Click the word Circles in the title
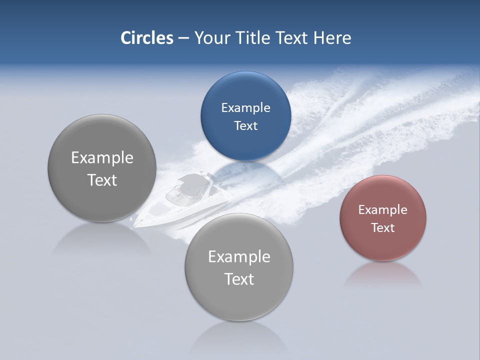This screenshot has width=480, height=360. click(x=147, y=38)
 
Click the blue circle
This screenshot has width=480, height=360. click(x=245, y=116)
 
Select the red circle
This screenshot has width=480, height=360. click(x=382, y=218)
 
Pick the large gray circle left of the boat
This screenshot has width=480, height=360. click(x=102, y=168)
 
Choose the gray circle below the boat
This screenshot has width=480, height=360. click(x=239, y=267)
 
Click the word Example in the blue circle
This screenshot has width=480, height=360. click(x=245, y=108)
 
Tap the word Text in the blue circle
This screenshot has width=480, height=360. click(x=245, y=125)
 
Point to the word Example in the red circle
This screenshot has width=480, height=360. click(x=382, y=210)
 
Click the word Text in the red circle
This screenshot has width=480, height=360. click(x=382, y=228)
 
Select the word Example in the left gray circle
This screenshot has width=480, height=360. click(x=102, y=158)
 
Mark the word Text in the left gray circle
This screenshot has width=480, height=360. click(x=102, y=180)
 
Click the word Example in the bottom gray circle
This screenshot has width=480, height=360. click(x=239, y=257)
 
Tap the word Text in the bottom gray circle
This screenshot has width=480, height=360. click(x=239, y=279)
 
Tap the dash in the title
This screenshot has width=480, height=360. click(x=183, y=38)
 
